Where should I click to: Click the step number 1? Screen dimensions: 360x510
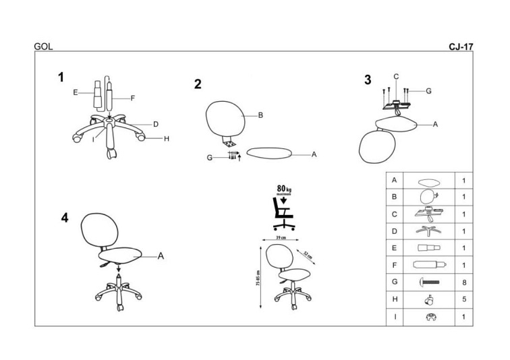point(61,77)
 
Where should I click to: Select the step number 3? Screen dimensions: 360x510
point(368,80)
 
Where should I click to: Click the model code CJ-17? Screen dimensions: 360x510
point(461,47)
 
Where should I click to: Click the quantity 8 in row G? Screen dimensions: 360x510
point(464,282)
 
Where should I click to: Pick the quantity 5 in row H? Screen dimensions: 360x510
point(464,299)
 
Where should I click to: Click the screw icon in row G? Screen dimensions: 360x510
point(429,282)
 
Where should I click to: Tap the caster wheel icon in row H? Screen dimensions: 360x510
point(428,299)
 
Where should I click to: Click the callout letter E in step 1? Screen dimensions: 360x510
point(76,92)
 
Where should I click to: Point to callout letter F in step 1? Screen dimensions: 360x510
point(133,98)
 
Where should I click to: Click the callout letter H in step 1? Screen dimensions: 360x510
point(165,139)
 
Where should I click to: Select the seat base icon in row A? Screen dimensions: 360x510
point(428,181)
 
